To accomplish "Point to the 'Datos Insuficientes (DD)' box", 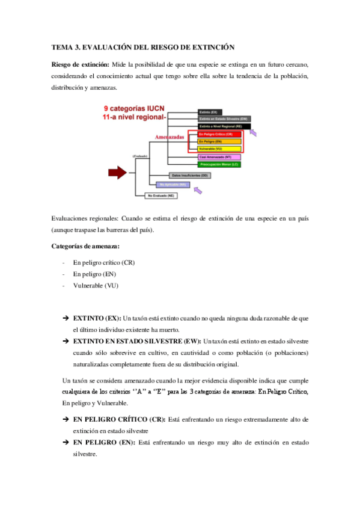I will (189, 175).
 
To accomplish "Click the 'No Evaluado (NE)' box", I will (163, 195).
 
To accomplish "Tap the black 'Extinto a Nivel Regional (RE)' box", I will (219, 126).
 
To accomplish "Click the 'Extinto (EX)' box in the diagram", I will (212, 112).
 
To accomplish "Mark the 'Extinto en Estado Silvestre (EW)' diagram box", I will (219, 119).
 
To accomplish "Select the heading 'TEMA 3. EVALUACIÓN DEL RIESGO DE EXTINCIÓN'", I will (143, 47).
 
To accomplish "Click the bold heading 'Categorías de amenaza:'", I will (85, 247).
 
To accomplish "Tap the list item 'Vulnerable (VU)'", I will (96, 286).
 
